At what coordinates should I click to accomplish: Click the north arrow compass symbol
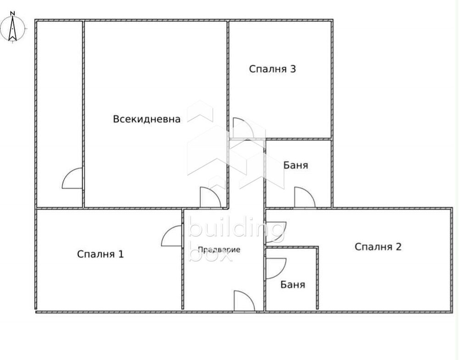point(13,28)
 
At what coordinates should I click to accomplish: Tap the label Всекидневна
point(147,119)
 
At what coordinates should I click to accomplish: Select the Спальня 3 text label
point(272,69)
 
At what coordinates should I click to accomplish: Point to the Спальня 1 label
point(100,254)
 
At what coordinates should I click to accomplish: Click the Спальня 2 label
point(378,247)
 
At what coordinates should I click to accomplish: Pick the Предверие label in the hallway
point(219,249)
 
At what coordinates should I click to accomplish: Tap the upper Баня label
point(296,166)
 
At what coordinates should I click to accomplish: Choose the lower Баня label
point(293,285)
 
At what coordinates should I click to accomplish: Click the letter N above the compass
point(13,13)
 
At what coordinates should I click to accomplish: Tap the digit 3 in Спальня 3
point(293,69)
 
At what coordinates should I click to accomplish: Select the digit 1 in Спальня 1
point(121,254)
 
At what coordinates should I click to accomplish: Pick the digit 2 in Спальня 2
point(399,247)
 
